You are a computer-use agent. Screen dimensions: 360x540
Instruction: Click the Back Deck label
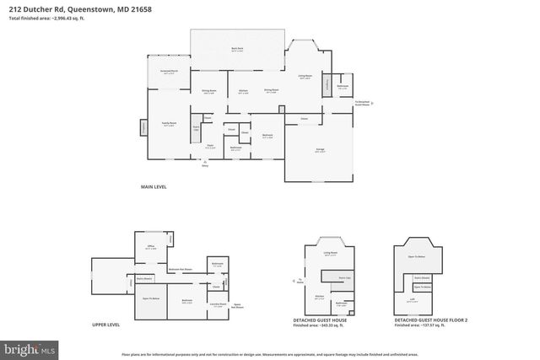click(x=237, y=50)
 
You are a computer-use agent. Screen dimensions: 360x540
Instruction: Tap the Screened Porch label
click(x=169, y=72)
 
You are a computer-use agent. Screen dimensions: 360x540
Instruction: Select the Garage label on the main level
click(x=321, y=149)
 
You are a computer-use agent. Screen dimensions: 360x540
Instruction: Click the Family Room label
click(x=169, y=124)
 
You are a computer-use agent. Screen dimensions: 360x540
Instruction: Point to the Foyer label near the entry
click(x=210, y=145)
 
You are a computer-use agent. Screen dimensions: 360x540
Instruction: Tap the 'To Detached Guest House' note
click(x=363, y=103)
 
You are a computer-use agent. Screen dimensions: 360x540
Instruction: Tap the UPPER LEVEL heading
click(x=105, y=325)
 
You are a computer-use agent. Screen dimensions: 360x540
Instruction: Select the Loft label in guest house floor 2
click(x=411, y=300)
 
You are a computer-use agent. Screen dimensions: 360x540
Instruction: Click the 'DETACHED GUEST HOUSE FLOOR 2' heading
click(x=430, y=320)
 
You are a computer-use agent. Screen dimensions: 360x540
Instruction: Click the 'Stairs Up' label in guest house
click(x=344, y=277)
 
